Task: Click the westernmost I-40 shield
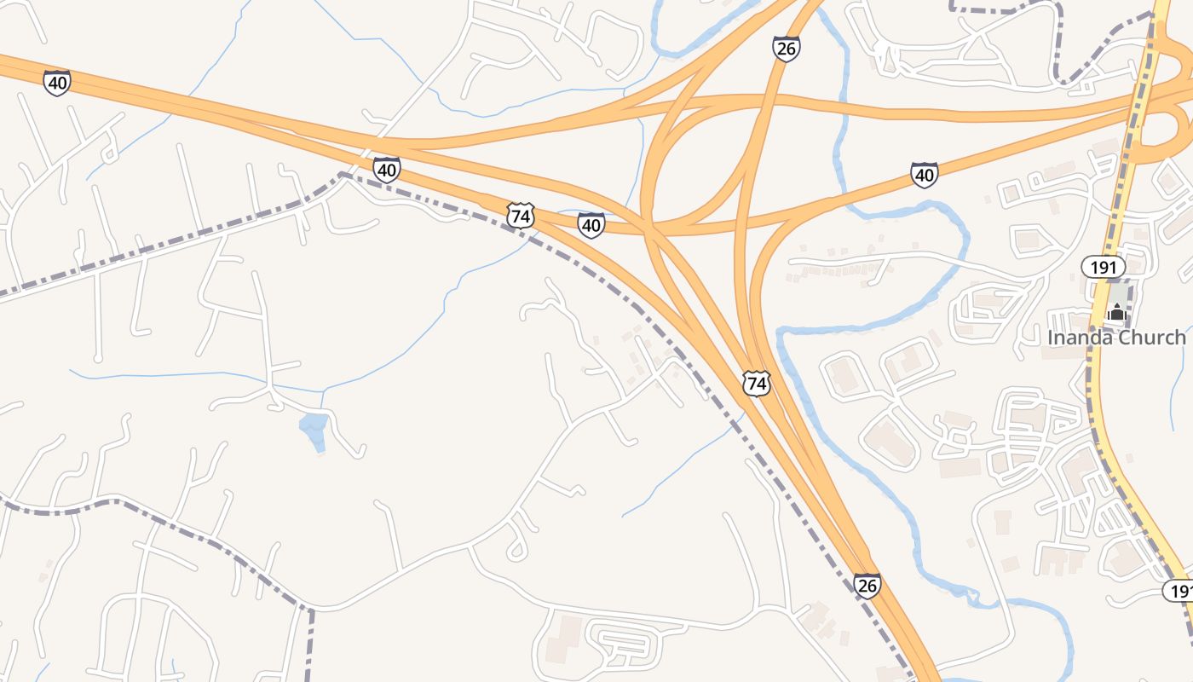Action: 57,83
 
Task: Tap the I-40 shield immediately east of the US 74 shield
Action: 591,225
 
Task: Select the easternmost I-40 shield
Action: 924,175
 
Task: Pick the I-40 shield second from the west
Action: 387,169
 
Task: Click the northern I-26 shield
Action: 786,49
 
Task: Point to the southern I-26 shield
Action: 867,586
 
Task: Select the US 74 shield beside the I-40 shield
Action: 521,216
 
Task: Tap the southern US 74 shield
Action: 756,384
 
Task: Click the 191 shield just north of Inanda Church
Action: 1103,267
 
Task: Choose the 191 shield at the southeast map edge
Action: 1179,591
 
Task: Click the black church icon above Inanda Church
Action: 1117,312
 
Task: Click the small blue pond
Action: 314,430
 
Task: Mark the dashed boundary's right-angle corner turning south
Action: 309,610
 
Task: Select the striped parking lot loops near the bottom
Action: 626,648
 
